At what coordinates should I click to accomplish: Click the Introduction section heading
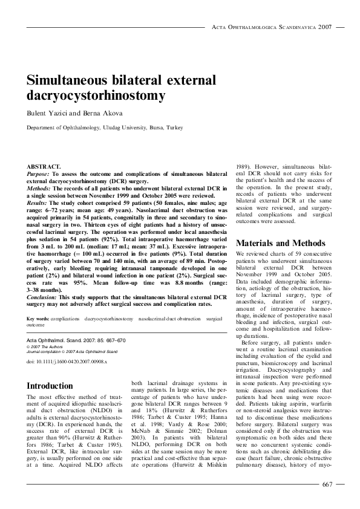[x=50, y=386]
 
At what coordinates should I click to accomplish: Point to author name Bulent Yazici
[x=44, y=113]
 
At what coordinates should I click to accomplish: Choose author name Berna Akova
[x=89, y=113]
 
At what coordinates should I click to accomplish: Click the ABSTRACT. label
[x=44, y=165]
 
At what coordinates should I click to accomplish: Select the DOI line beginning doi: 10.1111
[x=67, y=361]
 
